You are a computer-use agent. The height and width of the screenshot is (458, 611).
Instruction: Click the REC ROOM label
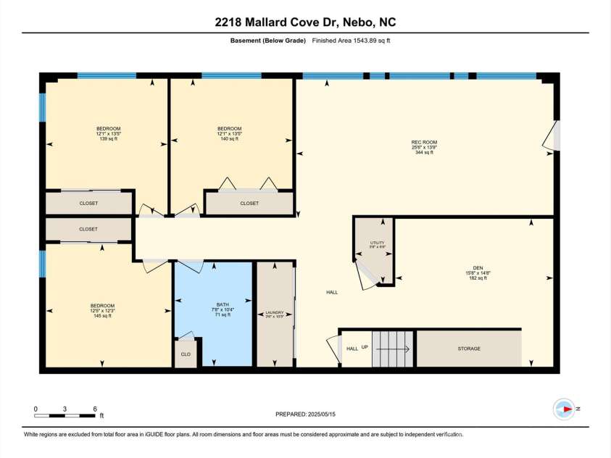click(424, 142)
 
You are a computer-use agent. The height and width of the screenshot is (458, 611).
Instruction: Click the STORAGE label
click(469, 349)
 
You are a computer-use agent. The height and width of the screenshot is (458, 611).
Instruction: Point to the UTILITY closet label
click(377, 243)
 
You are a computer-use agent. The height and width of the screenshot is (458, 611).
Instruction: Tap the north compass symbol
click(563, 409)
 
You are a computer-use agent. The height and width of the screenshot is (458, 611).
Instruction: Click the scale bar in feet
click(65, 415)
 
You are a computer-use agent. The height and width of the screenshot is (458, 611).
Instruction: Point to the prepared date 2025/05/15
click(305, 415)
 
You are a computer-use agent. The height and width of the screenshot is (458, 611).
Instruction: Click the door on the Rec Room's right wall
click(555, 136)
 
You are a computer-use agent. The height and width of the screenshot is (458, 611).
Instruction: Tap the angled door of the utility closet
click(367, 275)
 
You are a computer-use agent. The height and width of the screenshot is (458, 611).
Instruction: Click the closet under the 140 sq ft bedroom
click(249, 203)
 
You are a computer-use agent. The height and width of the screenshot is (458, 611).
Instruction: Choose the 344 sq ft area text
click(424, 152)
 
